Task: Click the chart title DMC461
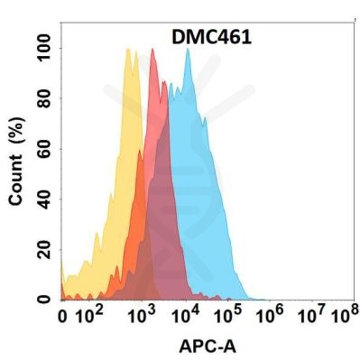(212, 37)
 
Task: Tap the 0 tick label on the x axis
(62, 317)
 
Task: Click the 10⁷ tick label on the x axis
(313, 316)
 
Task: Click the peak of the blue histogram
(188, 50)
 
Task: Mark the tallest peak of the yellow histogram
(128, 50)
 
